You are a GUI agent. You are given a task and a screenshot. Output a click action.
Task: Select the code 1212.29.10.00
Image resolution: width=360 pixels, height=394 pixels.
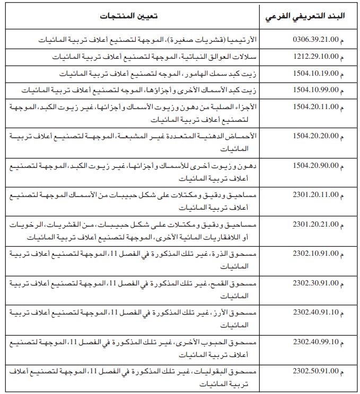[x=315, y=56]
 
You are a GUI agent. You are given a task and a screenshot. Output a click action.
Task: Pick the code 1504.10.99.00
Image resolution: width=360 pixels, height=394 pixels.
[x=315, y=90]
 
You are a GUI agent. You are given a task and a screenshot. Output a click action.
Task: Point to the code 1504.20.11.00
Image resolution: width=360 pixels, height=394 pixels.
[x=315, y=106]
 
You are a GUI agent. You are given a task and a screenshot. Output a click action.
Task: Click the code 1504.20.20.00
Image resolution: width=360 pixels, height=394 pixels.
[x=315, y=136]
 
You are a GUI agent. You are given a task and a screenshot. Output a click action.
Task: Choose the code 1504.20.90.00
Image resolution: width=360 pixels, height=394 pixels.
[x=315, y=165]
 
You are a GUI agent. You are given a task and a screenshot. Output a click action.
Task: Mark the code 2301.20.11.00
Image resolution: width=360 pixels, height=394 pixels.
[x=315, y=194]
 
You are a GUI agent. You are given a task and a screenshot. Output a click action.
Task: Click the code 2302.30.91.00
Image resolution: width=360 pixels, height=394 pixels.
[x=315, y=283]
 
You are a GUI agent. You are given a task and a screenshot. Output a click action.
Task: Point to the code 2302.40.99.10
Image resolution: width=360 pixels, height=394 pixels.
[x=315, y=342]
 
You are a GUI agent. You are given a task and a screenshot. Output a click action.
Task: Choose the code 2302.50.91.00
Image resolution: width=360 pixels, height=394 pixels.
[x=315, y=371]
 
